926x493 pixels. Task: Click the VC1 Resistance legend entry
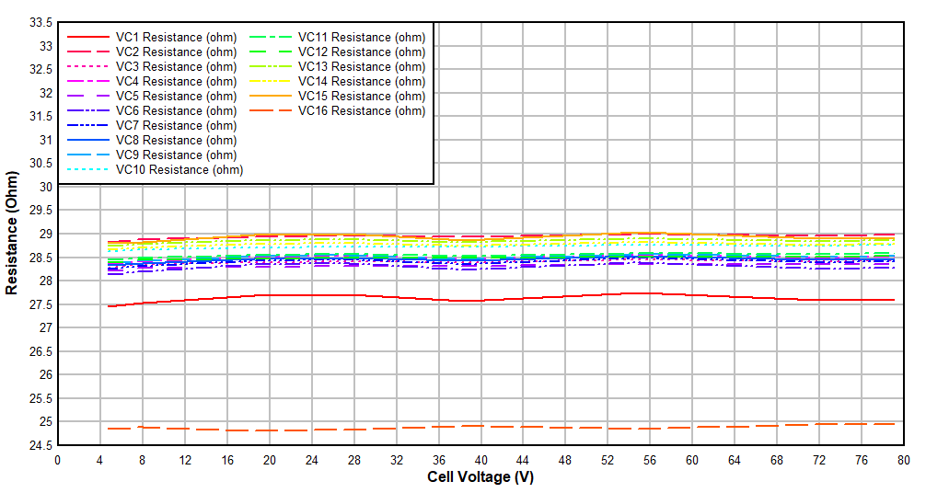click(176, 37)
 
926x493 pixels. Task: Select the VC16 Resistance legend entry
click(362, 110)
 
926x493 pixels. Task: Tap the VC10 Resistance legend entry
click(179, 169)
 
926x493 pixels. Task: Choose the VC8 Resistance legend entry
click(176, 140)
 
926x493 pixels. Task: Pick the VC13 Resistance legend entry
click(362, 66)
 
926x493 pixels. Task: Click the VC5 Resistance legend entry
click(176, 96)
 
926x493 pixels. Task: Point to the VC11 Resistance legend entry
click(362, 37)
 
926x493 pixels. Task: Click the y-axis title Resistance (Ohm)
click(12, 234)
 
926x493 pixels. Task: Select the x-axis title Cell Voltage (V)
click(480, 477)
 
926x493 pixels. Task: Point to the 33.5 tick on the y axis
click(41, 22)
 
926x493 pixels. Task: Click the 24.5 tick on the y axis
click(41, 445)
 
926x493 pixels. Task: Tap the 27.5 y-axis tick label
click(41, 304)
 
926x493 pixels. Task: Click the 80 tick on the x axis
click(903, 460)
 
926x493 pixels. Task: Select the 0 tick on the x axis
click(57, 460)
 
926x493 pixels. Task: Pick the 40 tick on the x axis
click(480, 460)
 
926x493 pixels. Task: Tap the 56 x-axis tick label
click(650, 460)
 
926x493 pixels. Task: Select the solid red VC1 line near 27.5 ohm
click(460, 300)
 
